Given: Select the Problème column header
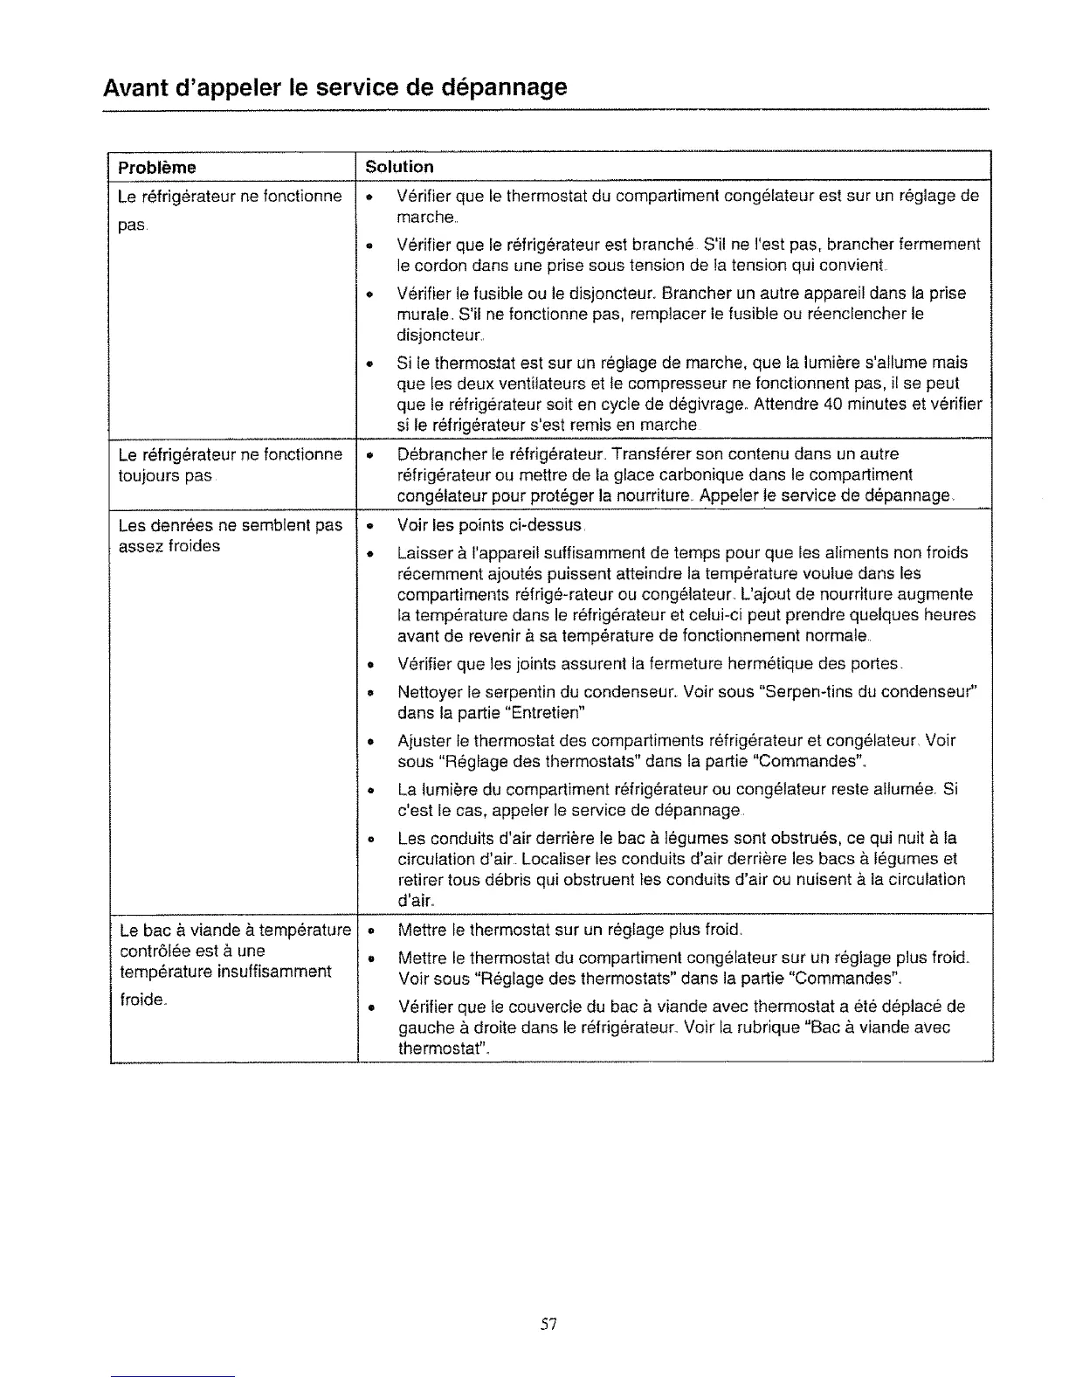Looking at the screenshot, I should (x=157, y=167).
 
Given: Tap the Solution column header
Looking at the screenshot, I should (x=399, y=166).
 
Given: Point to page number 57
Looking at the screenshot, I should (x=548, y=1325).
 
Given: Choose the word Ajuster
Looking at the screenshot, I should (x=423, y=740).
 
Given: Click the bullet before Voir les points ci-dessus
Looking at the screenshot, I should (x=370, y=527).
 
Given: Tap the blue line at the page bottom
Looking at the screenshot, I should (x=173, y=1375).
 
